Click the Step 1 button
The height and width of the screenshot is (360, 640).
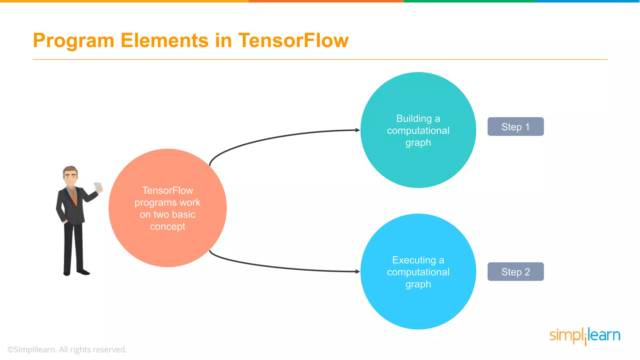[515, 127]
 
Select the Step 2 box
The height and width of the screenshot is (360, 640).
[515, 272]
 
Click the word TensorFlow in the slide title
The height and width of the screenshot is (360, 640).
[293, 40]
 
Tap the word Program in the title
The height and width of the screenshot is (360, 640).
[74, 41]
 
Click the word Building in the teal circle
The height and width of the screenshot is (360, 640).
[414, 118]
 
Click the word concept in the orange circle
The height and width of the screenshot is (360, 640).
[167, 227]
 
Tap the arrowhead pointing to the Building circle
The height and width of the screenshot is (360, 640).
[357, 130]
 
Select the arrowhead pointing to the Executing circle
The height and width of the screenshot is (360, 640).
[357, 272]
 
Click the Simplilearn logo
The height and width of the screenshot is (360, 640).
[585, 336]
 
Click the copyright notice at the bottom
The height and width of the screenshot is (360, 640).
[67, 349]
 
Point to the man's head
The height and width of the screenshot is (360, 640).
[70, 176]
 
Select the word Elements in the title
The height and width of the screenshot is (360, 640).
[164, 40]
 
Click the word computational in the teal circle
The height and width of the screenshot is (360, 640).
[418, 130]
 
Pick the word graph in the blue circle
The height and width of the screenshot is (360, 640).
[418, 284]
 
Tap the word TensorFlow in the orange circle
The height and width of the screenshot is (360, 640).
[167, 190]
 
